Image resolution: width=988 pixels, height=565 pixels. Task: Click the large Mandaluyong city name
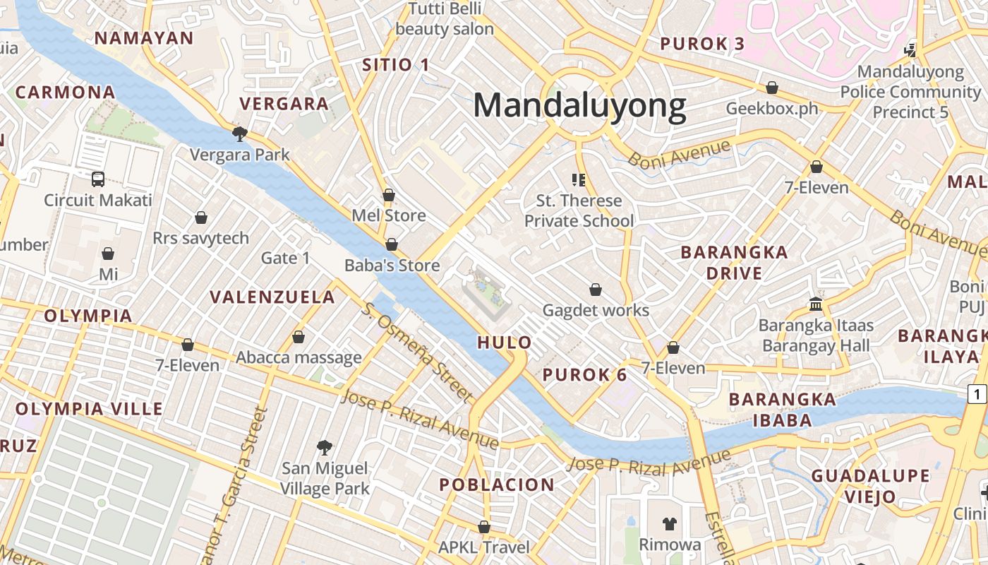click(579, 106)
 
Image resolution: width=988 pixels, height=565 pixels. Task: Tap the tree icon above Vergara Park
click(239, 133)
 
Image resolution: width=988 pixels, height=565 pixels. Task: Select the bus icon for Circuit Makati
click(98, 179)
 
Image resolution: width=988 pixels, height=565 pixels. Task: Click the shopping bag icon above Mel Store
click(388, 195)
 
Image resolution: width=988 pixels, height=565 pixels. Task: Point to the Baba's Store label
click(392, 266)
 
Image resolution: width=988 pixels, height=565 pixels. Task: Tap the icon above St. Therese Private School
click(579, 180)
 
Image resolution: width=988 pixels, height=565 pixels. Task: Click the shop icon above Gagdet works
click(596, 290)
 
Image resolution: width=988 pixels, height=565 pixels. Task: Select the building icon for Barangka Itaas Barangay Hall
click(816, 304)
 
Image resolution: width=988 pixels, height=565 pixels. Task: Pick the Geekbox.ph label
click(772, 109)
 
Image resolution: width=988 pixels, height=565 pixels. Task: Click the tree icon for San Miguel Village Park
click(325, 446)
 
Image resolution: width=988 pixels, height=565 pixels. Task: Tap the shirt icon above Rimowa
click(669, 524)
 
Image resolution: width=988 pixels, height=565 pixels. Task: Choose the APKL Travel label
click(483, 547)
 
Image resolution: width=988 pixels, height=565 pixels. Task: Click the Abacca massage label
click(299, 357)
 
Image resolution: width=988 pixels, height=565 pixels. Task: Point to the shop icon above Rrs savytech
click(201, 218)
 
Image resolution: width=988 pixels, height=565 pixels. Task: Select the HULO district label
click(505, 343)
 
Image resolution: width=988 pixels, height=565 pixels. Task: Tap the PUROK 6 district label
click(584, 375)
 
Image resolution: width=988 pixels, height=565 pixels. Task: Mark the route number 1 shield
click(977, 393)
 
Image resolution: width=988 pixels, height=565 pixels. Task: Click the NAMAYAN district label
click(144, 38)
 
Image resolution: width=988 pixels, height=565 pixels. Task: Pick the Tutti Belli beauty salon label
click(445, 19)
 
